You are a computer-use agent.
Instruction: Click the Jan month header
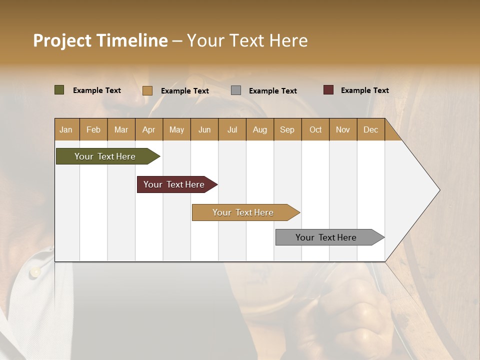click(66, 129)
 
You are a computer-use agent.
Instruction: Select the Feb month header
click(93, 129)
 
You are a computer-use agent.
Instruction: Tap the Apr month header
click(148, 129)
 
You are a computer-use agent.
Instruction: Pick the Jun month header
click(204, 129)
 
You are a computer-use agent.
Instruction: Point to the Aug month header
click(259, 129)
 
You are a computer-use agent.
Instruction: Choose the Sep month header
click(287, 129)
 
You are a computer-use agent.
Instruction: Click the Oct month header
click(315, 129)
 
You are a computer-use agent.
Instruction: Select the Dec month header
click(370, 129)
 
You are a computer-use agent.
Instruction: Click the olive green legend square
click(59, 90)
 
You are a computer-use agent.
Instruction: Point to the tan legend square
click(147, 90)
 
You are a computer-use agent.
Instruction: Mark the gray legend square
click(236, 90)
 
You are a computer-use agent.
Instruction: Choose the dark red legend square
click(328, 90)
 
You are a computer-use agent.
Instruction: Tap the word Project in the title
click(62, 40)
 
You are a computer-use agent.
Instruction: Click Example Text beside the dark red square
click(364, 90)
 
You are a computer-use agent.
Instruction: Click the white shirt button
click(35, 272)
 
